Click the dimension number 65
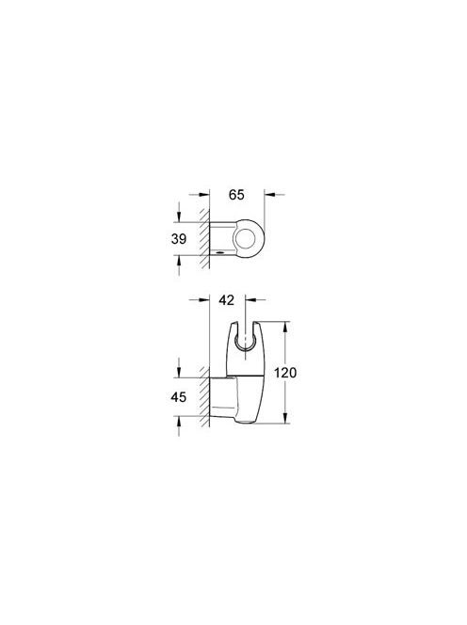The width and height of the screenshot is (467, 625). [x=236, y=195]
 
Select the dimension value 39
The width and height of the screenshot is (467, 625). [x=179, y=239]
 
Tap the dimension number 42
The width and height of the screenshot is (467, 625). [x=227, y=300]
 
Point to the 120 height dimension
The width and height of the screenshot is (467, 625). [x=285, y=373]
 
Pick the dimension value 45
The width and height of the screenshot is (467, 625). [x=178, y=397]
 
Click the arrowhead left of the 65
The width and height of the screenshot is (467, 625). [x=204, y=195]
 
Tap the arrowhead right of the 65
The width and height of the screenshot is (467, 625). [x=269, y=195]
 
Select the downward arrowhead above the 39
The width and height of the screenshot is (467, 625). [x=179, y=217]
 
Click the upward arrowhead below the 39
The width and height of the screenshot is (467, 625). [x=179, y=261]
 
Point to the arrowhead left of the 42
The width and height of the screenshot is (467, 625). [x=204, y=299]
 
